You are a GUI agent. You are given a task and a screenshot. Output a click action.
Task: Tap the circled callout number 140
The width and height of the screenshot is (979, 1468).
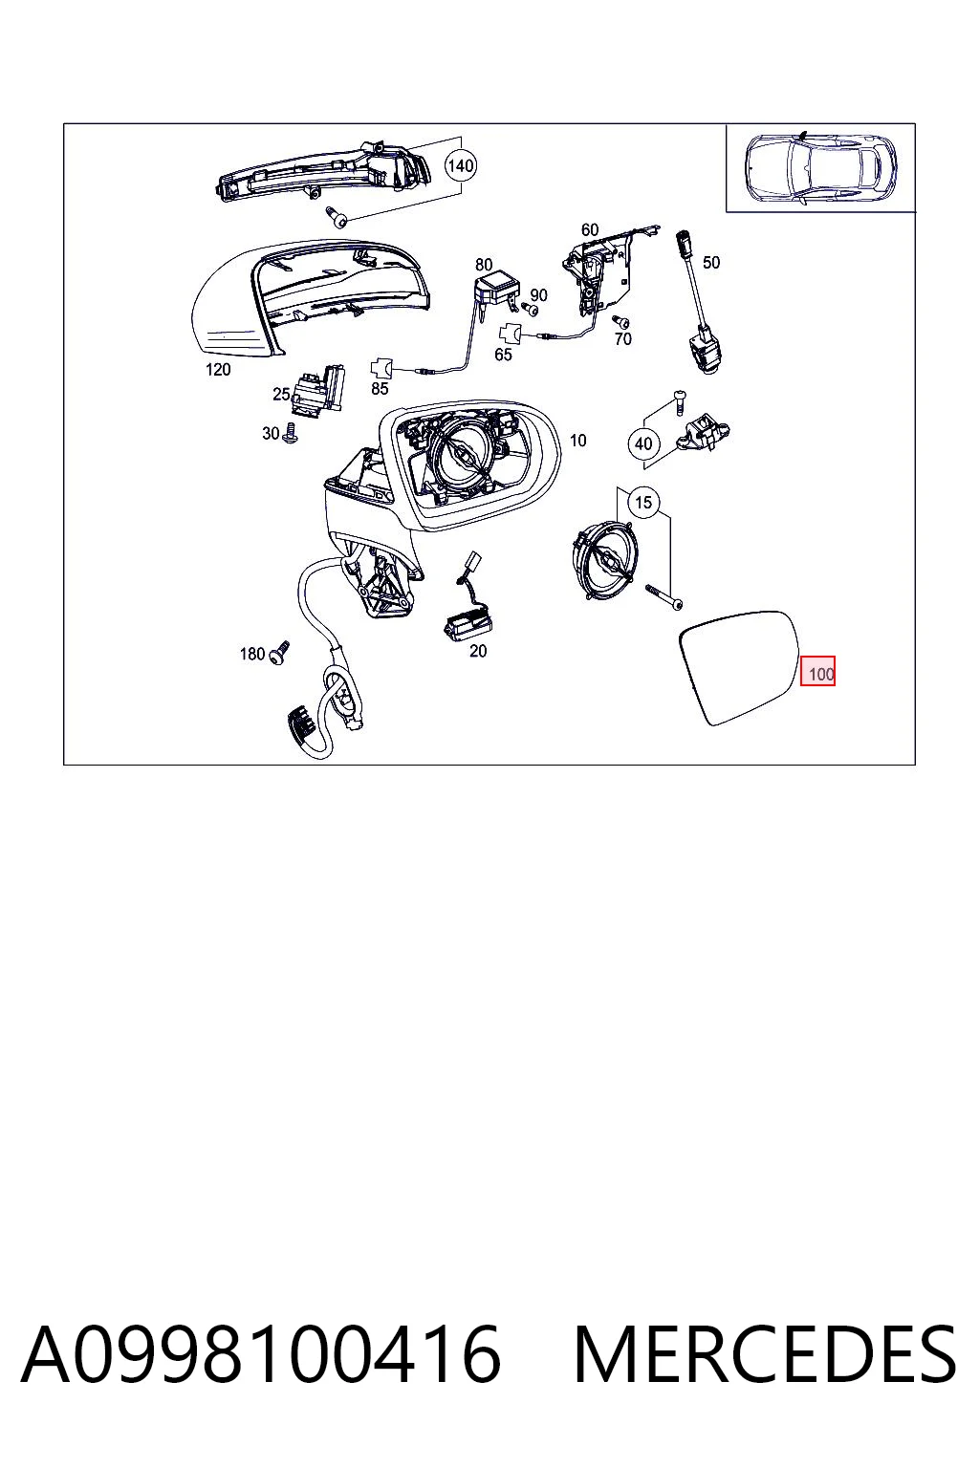[460, 165]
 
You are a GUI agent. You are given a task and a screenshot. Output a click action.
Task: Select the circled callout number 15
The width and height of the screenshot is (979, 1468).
[643, 502]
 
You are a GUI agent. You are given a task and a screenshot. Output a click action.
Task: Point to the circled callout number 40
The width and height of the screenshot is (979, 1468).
[643, 443]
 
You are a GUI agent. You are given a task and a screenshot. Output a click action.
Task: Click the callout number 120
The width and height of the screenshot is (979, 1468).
[218, 370]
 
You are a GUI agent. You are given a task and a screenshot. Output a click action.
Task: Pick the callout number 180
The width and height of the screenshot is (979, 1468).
[251, 654]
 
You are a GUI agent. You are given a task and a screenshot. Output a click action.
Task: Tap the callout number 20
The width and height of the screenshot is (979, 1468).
[478, 651]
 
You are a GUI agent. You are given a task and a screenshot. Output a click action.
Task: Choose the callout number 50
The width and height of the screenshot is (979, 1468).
[710, 262]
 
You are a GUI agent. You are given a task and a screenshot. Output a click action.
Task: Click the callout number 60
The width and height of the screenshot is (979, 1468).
[590, 229]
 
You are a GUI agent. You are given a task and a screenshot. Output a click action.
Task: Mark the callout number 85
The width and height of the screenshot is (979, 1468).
[380, 389]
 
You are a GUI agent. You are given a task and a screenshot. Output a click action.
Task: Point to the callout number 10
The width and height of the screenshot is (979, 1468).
[577, 441]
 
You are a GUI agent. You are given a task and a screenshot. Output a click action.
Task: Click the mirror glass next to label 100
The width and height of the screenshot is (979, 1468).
[740, 667]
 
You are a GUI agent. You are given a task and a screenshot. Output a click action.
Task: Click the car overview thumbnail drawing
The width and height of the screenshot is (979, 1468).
[819, 169]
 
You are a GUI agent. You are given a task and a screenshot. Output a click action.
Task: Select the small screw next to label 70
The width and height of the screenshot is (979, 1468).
[620, 322]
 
